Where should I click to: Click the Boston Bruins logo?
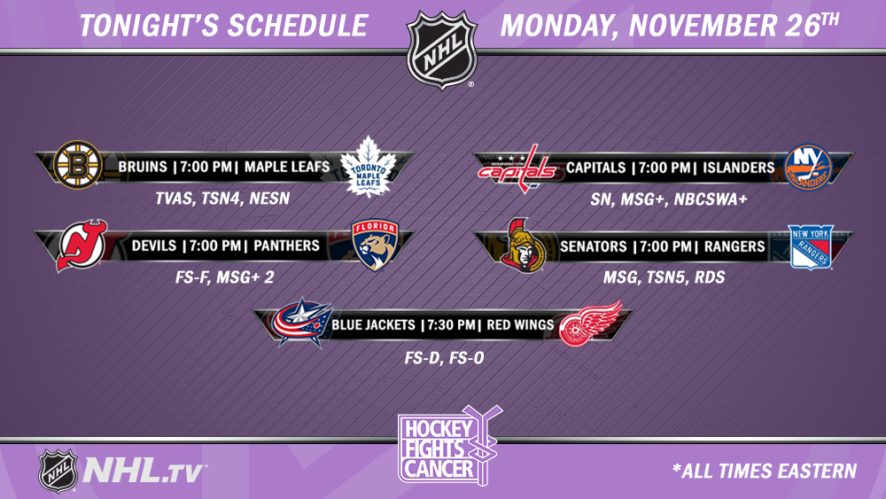[77, 165]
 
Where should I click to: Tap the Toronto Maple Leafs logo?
[369, 167]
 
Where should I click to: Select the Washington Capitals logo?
[517, 168]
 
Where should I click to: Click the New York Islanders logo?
[808, 168]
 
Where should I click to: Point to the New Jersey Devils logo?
[82, 246]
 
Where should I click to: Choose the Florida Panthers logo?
[375, 246]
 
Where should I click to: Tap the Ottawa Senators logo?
[523, 246]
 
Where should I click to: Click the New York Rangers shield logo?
[811, 246]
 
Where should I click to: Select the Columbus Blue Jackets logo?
[301, 323]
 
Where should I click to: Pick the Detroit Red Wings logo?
[590, 323]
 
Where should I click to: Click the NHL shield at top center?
[442, 50]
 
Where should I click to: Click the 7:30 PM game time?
[451, 325]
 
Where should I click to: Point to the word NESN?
[269, 199]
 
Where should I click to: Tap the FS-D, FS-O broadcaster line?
[444, 358]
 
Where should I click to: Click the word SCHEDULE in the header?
[297, 26]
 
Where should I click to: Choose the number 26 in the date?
[802, 26]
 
